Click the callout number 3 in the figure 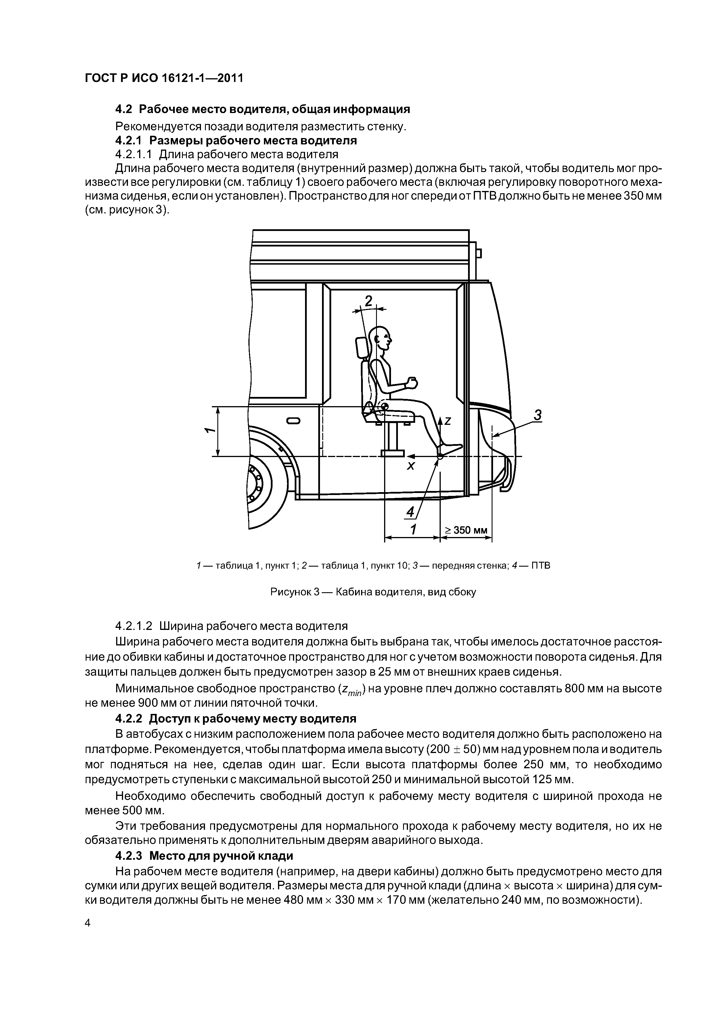tap(537, 415)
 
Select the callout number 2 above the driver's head tap(368, 301)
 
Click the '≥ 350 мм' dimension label tap(466, 530)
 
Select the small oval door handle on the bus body tap(294, 421)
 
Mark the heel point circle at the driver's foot tap(440, 456)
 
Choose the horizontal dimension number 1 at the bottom tap(413, 530)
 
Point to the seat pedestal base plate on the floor tap(392, 453)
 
